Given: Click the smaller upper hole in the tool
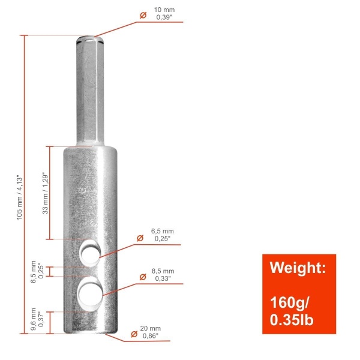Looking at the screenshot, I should pos(91,253).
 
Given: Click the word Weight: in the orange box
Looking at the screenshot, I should pos(298,268).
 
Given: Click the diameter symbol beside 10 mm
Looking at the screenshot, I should pos(143,14).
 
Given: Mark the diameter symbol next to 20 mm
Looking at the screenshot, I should pos(134,333).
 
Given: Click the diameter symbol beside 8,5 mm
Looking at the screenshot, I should pos(143,276).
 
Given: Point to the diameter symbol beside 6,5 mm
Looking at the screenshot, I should pos(140,238).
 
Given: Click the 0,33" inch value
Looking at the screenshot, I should pos(163,279).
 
